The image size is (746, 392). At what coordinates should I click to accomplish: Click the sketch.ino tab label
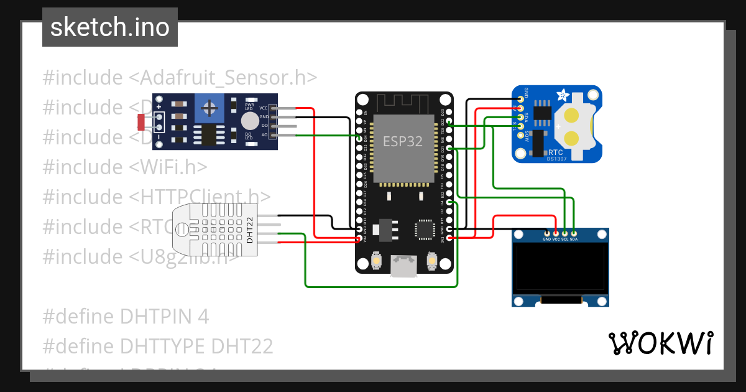(x=110, y=27)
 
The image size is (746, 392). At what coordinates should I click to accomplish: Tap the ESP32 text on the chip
(x=402, y=141)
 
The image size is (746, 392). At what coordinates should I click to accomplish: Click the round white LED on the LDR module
(x=249, y=121)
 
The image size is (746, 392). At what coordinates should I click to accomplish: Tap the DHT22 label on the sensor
(x=250, y=230)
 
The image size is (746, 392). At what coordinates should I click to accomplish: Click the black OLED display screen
(x=560, y=268)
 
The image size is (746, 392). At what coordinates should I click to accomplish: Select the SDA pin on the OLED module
(x=574, y=232)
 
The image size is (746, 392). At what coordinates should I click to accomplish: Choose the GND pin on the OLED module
(x=546, y=232)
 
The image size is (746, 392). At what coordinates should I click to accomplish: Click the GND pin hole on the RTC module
(x=520, y=98)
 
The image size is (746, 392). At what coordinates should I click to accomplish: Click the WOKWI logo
(x=660, y=343)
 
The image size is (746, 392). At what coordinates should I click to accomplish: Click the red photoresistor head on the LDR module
(x=141, y=121)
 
